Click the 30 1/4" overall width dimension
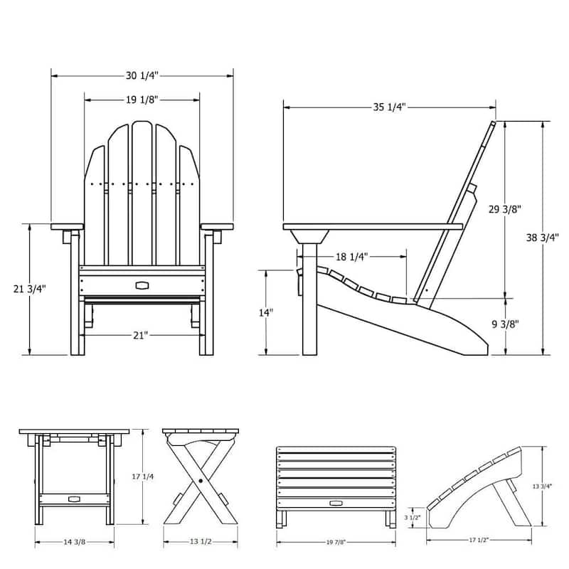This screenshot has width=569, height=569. [142, 75]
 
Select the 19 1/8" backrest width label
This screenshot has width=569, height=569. [142, 100]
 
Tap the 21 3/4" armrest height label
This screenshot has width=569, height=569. [30, 289]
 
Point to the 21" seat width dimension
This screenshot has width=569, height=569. [141, 335]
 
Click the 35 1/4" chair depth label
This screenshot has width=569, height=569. [389, 107]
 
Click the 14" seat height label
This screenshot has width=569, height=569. [265, 312]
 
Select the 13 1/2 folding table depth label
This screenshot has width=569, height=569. [199, 542]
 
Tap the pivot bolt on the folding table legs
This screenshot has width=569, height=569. [201, 482]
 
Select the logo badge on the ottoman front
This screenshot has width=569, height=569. [335, 503]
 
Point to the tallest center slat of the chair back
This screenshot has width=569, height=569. [142, 192]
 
